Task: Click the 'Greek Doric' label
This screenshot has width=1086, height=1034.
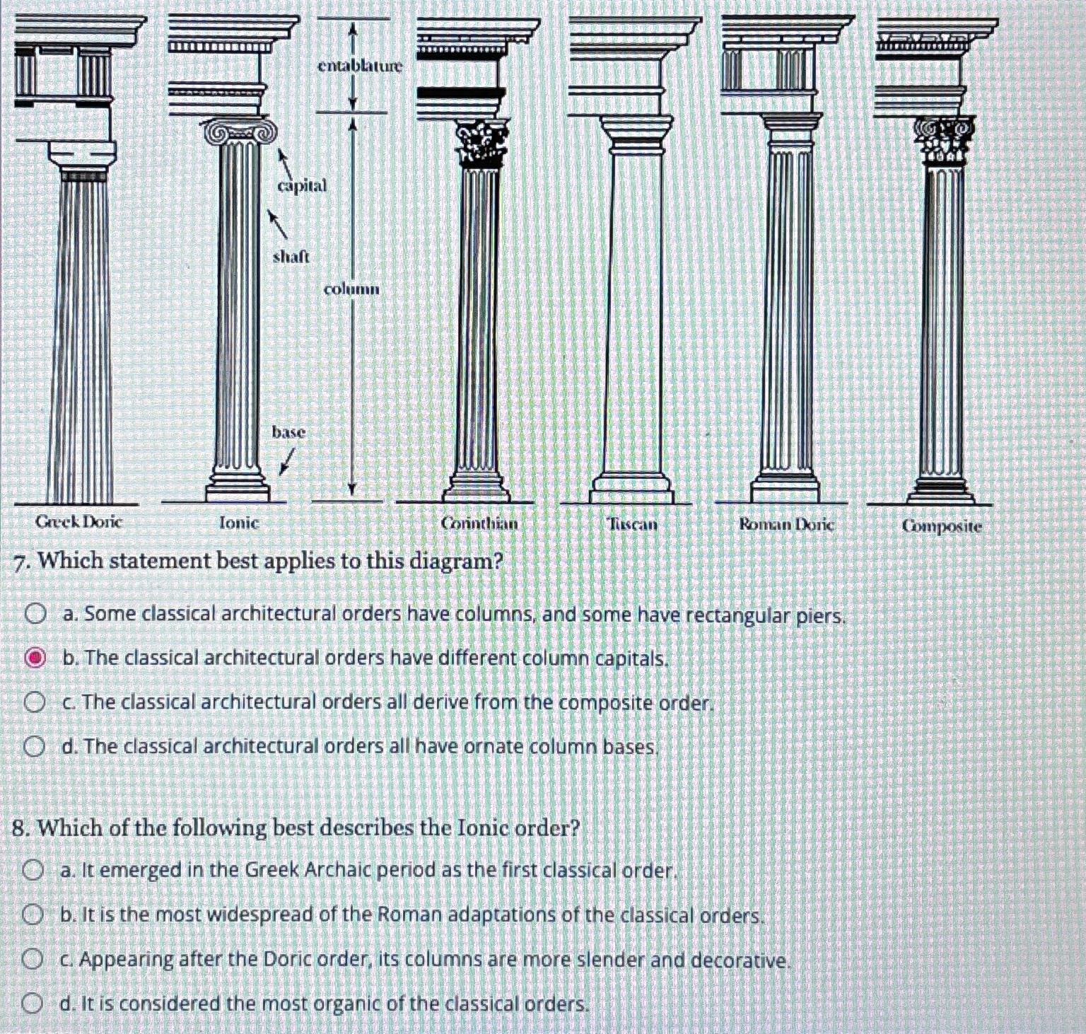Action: tap(79, 523)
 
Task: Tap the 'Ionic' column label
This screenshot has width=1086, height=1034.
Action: tap(239, 523)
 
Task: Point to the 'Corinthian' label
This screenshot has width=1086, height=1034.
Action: tap(479, 523)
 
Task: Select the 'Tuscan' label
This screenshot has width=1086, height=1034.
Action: tap(632, 524)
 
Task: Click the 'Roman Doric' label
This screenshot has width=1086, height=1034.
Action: tap(786, 524)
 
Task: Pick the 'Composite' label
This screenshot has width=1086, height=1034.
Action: tap(942, 525)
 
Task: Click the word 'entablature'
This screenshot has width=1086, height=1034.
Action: tap(359, 66)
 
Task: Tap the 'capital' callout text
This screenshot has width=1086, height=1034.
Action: tap(302, 185)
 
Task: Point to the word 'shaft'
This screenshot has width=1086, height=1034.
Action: tap(291, 256)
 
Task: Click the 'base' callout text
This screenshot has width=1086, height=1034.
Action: tap(288, 431)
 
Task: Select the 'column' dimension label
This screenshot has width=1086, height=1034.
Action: tap(351, 289)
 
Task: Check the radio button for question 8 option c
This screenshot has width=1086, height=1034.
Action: tap(31, 960)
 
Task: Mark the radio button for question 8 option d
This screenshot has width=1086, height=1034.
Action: tap(31, 1003)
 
